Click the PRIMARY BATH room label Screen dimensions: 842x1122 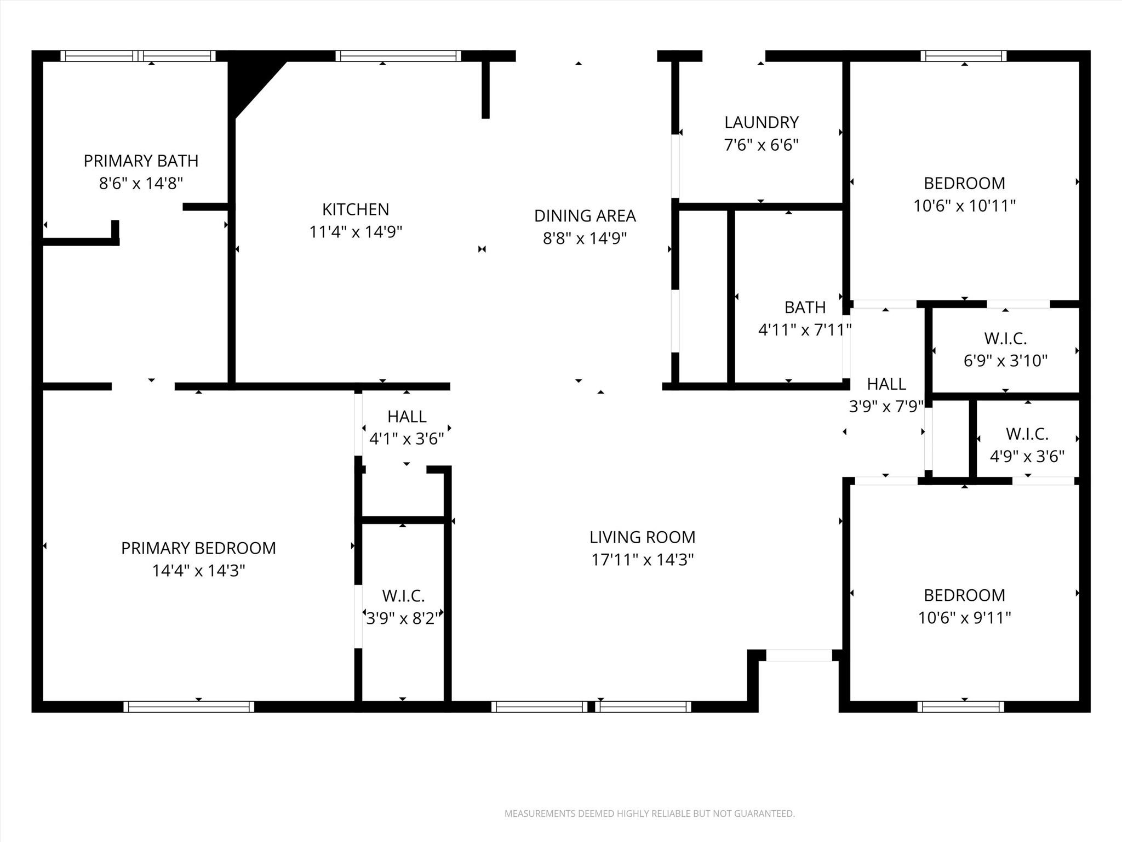point(141,161)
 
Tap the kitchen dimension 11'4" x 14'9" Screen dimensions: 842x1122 point(356,232)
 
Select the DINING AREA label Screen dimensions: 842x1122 point(585,216)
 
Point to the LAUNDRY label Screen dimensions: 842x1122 point(761,122)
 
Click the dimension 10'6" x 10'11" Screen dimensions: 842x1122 point(964,206)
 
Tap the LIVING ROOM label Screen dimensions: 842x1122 point(642,537)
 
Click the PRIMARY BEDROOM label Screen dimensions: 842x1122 point(198,548)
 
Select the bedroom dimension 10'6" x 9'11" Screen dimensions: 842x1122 point(964,618)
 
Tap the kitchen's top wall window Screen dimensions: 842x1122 point(398,56)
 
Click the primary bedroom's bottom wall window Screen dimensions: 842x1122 point(188,707)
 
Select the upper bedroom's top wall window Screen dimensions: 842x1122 point(963,56)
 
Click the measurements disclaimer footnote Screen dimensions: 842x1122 point(649,813)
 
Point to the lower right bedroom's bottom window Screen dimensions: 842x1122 point(960,707)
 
